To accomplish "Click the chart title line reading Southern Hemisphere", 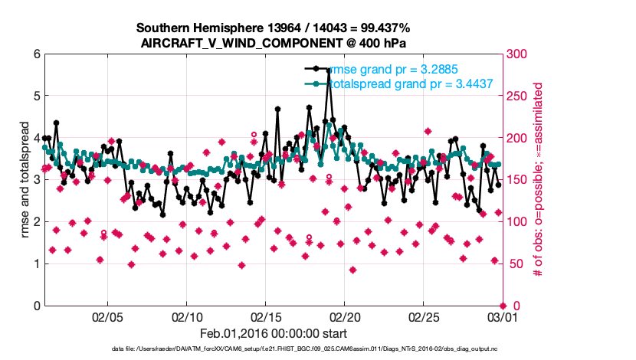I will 273,28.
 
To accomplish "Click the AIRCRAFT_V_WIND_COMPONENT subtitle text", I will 273,43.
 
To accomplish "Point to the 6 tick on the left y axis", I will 36,54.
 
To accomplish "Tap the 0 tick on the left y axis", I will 36,306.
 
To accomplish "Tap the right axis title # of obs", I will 538,180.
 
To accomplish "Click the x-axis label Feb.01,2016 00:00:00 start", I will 273,333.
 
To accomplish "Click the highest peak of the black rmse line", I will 329,70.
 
